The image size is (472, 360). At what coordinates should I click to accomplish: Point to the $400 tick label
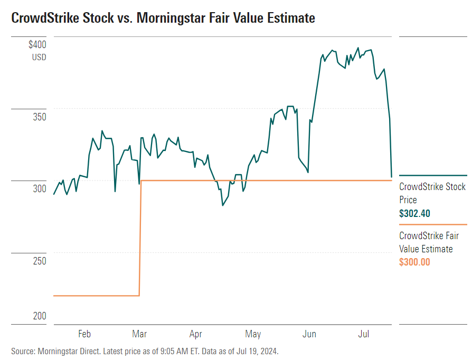coord(37,45)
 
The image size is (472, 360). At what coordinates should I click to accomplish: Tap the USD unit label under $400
coord(39,57)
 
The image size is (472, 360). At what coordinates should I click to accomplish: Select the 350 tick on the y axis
coord(39,117)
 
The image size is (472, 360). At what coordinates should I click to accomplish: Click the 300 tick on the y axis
coord(39,188)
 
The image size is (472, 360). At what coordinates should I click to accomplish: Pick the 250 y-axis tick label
coord(39,261)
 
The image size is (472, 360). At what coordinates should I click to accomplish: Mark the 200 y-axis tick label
coord(39,316)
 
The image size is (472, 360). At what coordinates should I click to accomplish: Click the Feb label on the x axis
coord(84,334)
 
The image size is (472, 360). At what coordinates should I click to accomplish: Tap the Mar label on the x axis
coord(140,334)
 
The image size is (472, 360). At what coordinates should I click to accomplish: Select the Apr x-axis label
coord(196,334)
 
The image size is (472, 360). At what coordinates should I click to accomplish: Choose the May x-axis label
coord(253,334)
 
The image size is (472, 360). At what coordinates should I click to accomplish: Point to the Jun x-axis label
coord(309,334)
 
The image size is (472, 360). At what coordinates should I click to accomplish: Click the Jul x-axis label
coord(363,334)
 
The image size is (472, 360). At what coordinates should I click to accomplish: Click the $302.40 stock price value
coord(415,214)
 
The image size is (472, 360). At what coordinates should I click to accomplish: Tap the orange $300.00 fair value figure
coord(415,262)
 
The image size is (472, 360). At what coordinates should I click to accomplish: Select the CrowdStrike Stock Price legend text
coord(432,193)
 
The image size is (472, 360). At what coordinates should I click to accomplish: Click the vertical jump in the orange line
coord(140,238)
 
